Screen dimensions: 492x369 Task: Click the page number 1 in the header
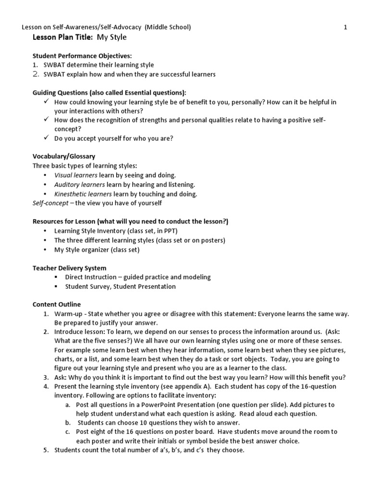[x=345, y=27]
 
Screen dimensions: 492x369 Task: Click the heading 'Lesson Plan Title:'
[x=60, y=37]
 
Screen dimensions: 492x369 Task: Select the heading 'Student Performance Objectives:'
[x=82, y=56]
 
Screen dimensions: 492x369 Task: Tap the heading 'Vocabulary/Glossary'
[x=63, y=156]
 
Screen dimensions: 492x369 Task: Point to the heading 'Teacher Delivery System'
[x=69, y=268]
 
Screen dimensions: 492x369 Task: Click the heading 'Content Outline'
[x=56, y=304]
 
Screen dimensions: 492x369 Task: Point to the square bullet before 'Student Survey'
[x=56, y=286]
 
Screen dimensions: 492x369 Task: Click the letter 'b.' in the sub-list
[x=69, y=422]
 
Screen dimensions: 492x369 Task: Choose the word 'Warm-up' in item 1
[x=67, y=314]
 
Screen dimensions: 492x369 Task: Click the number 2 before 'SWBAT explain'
[x=36, y=74]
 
